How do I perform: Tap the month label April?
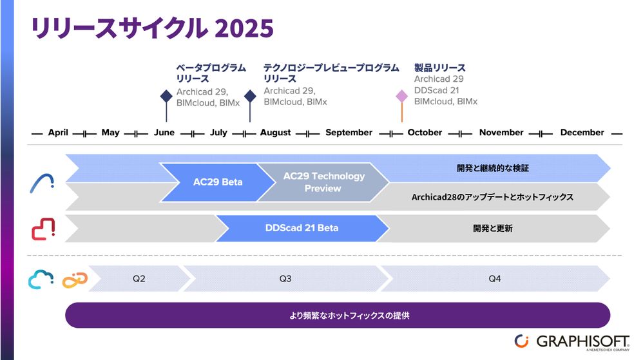pyautogui.click(x=58, y=133)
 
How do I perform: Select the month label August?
pyautogui.click(x=275, y=133)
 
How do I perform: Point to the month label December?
pyautogui.click(x=582, y=133)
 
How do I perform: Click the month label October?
pyautogui.click(x=425, y=133)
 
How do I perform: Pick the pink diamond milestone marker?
pyautogui.click(x=402, y=96)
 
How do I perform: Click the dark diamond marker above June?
pyautogui.click(x=166, y=96)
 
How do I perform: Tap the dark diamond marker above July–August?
pyautogui.click(x=250, y=96)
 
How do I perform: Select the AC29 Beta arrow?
pyautogui.click(x=218, y=182)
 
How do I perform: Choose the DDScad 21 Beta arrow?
pyautogui.click(x=302, y=228)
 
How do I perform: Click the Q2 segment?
pyautogui.click(x=139, y=279)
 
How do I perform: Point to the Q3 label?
pyautogui.click(x=285, y=279)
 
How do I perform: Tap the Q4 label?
pyautogui.click(x=494, y=279)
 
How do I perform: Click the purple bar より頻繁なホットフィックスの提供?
pyautogui.click(x=338, y=316)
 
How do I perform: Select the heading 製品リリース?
pyautogui.click(x=439, y=68)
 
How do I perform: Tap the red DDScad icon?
pyautogui.click(x=43, y=229)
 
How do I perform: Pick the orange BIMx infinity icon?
pyautogui.click(x=73, y=279)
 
